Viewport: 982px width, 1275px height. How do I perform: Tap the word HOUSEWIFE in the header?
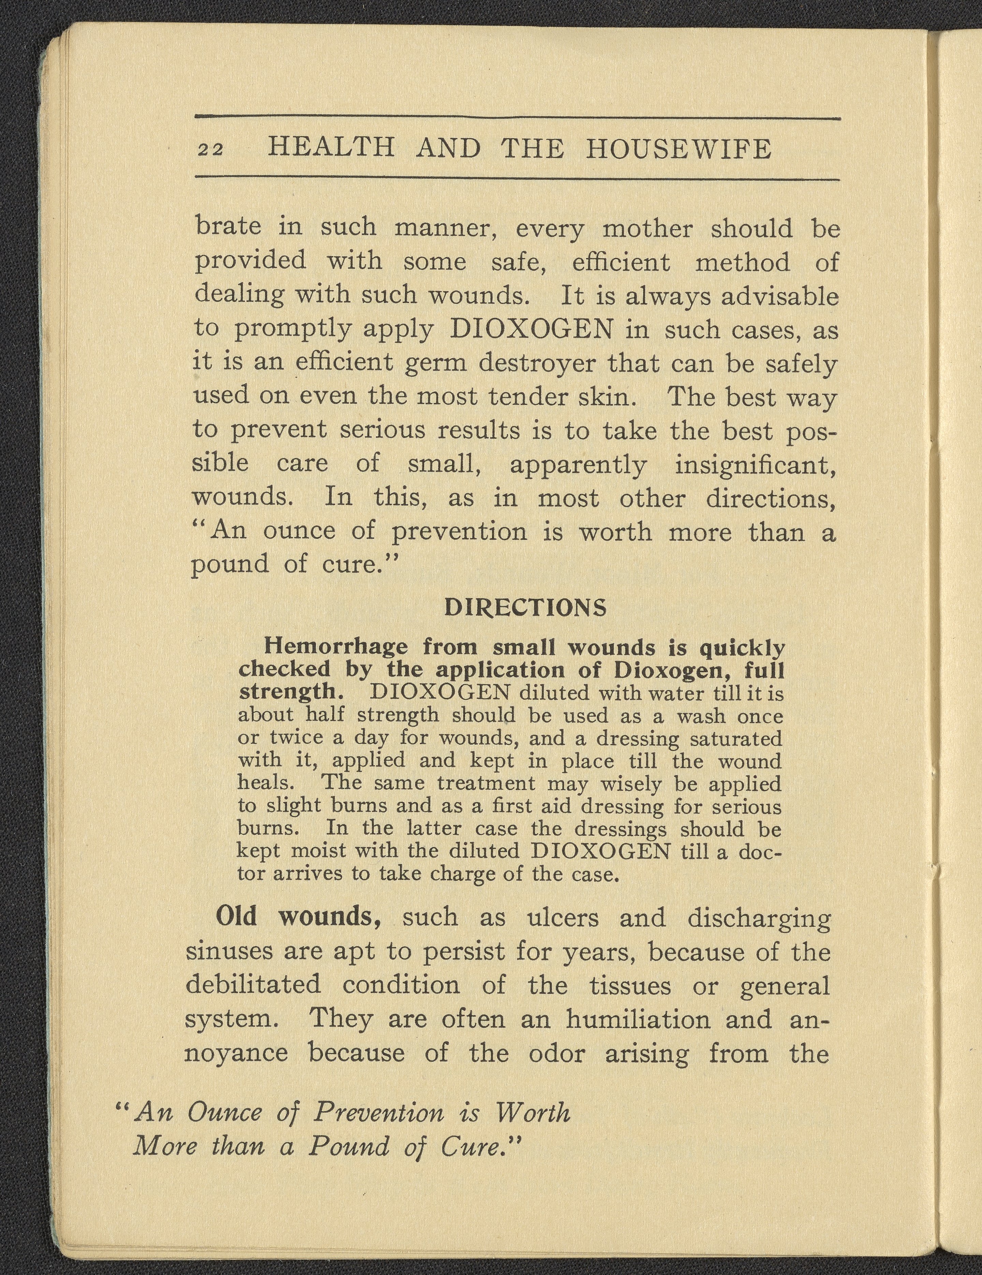point(679,149)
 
